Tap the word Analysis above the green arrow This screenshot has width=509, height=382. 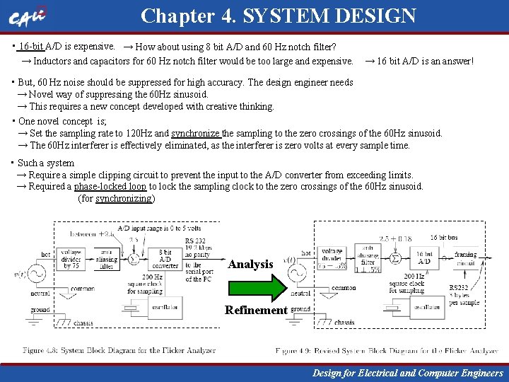click(x=250, y=265)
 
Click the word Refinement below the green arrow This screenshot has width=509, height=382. click(x=257, y=310)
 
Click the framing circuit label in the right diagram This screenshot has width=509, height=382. click(x=466, y=259)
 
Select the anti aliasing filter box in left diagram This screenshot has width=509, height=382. click(x=106, y=260)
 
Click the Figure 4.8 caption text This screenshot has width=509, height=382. click(x=119, y=351)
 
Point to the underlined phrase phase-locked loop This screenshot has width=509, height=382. click(x=110, y=187)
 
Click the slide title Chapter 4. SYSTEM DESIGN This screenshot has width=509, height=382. click(x=278, y=16)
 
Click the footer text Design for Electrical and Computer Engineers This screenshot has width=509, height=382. click(x=408, y=373)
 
